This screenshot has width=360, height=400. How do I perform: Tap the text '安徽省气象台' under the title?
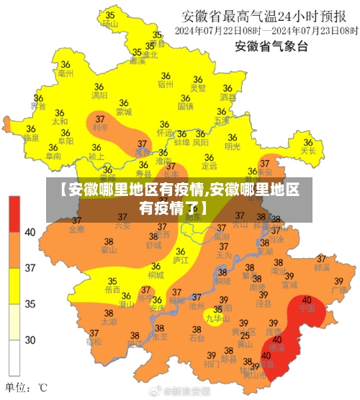click(271, 47)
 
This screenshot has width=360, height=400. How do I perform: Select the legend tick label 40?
click(30, 232)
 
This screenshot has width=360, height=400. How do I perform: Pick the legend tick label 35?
click(30, 304)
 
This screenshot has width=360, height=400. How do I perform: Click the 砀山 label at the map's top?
click(109, 24)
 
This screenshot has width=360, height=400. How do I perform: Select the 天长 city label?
click(309, 151)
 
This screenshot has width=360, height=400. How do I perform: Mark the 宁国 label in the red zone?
click(307, 308)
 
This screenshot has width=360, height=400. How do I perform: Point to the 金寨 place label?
click(76, 230)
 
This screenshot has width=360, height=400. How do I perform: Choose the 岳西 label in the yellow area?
click(112, 290)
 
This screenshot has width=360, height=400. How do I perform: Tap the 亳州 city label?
click(66, 74)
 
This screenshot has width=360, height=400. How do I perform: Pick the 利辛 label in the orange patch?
click(100, 128)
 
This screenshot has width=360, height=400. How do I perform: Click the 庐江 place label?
click(181, 259)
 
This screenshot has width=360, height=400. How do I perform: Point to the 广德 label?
click(340, 289)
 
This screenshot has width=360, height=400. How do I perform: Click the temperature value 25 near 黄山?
click(245, 335)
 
